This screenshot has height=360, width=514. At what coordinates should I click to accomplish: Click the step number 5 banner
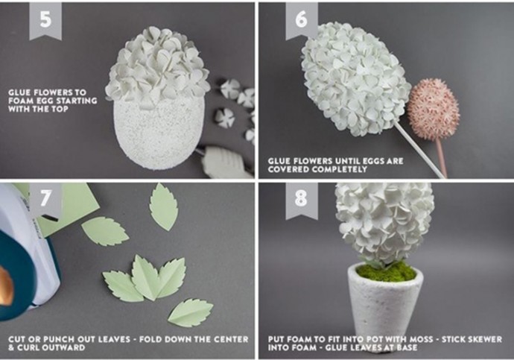click(45, 20)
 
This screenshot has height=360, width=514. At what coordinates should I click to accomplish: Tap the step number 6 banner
click(302, 20)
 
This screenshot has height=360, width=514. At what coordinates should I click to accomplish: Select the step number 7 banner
click(45, 200)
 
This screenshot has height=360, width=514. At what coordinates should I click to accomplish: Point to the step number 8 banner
click(302, 200)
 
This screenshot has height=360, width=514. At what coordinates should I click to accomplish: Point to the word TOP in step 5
click(59, 109)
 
